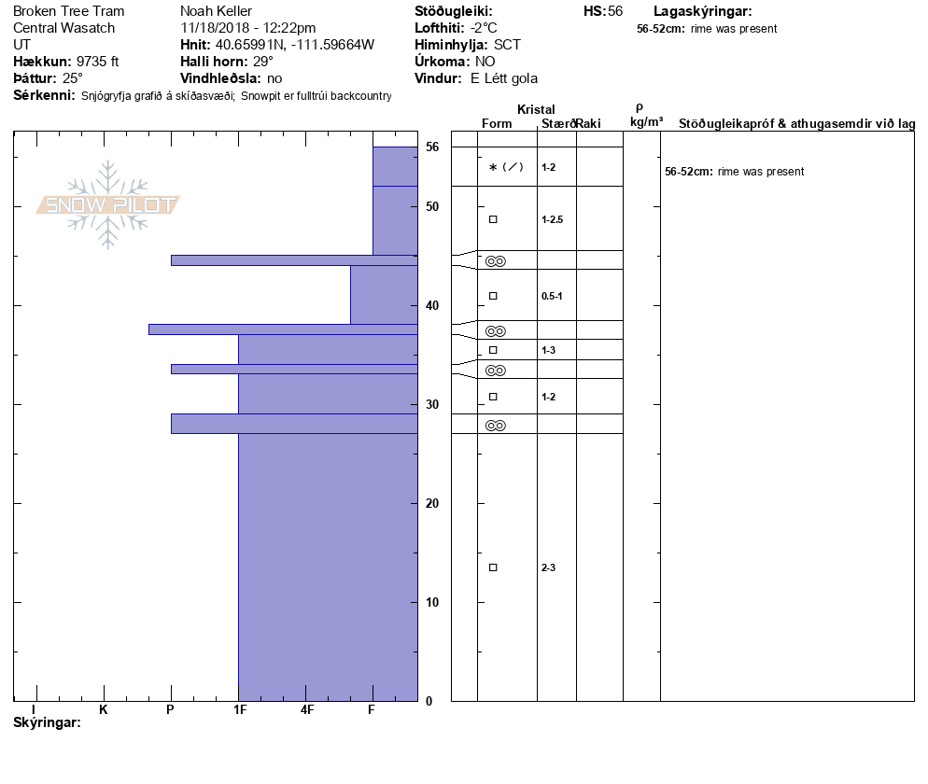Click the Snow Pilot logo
pyautogui.click(x=108, y=204)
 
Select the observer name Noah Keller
pyautogui.click(x=216, y=11)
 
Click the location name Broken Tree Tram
pyautogui.click(x=68, y=11)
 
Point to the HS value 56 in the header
pyautogui.click(x=614, y=11)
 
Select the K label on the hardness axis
pyautogui.click(x=104, y=709)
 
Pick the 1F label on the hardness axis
pyautogui.click(x=240, y=709)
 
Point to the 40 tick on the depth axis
pyautogui.click(x=432, y=305)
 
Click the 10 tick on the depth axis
pyautogui.click(x=432, y=602)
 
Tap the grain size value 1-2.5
pyautogui.click(x=553, y=219)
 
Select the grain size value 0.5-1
pyautogui.click(x=552, y=296)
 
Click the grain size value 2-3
pyautogui.click(x=549, y=567)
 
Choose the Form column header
pyautogui.click(x=497, y=124)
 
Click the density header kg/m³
pyautogui.click(x=646, y=122)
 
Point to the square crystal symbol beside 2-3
pyautogui.click(x=493, y=567)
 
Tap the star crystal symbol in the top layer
pyautogui.click(x=493, y=167)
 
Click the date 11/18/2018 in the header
pyautogui.click(x=217, y=28)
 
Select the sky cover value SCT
pyautogui.click(x=508, y=45)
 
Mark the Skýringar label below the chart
pyautogui.click(x=48, y=723)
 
